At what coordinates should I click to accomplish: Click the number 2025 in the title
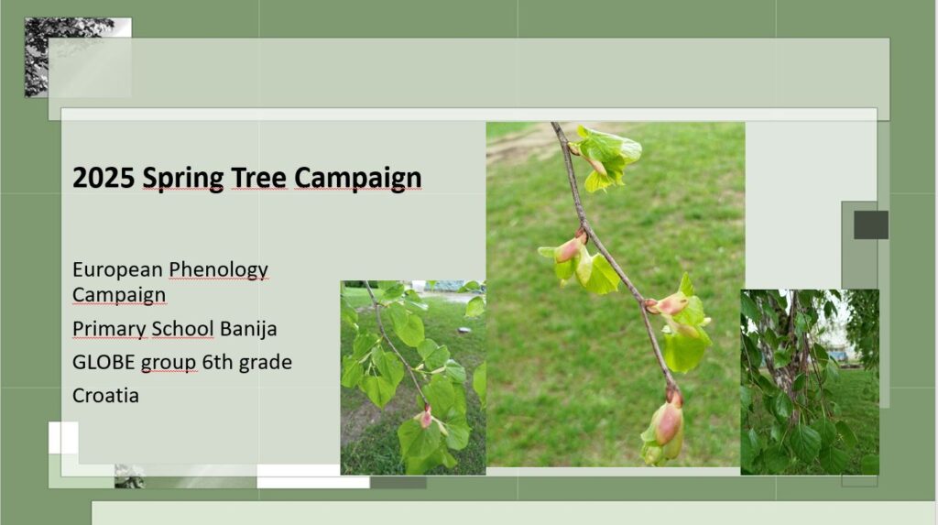click(104, 177)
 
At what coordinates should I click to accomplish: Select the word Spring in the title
click(183, 179)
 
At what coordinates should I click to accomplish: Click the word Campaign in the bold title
click(358, 179)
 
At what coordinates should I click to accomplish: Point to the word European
click(117, 270)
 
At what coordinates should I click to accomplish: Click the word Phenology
click(218, 270)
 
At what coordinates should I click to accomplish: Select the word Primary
click(110, 329)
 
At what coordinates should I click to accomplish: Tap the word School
click(182, 329)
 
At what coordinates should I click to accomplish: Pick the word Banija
click(248, 329)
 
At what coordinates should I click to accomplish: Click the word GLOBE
click(104, 362)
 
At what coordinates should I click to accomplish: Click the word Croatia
click(106, 396)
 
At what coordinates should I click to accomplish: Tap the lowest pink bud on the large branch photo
click(668, 421)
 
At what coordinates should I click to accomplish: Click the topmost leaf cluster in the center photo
click(607, 157)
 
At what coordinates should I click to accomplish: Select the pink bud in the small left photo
click(425, 417)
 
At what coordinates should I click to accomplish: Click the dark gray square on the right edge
click(871, 225)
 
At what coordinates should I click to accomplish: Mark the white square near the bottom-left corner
click(63, 438)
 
